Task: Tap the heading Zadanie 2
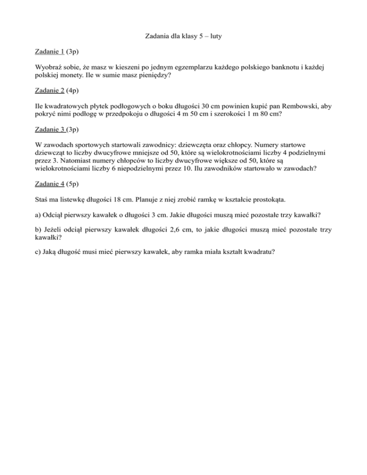pos(50,89)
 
